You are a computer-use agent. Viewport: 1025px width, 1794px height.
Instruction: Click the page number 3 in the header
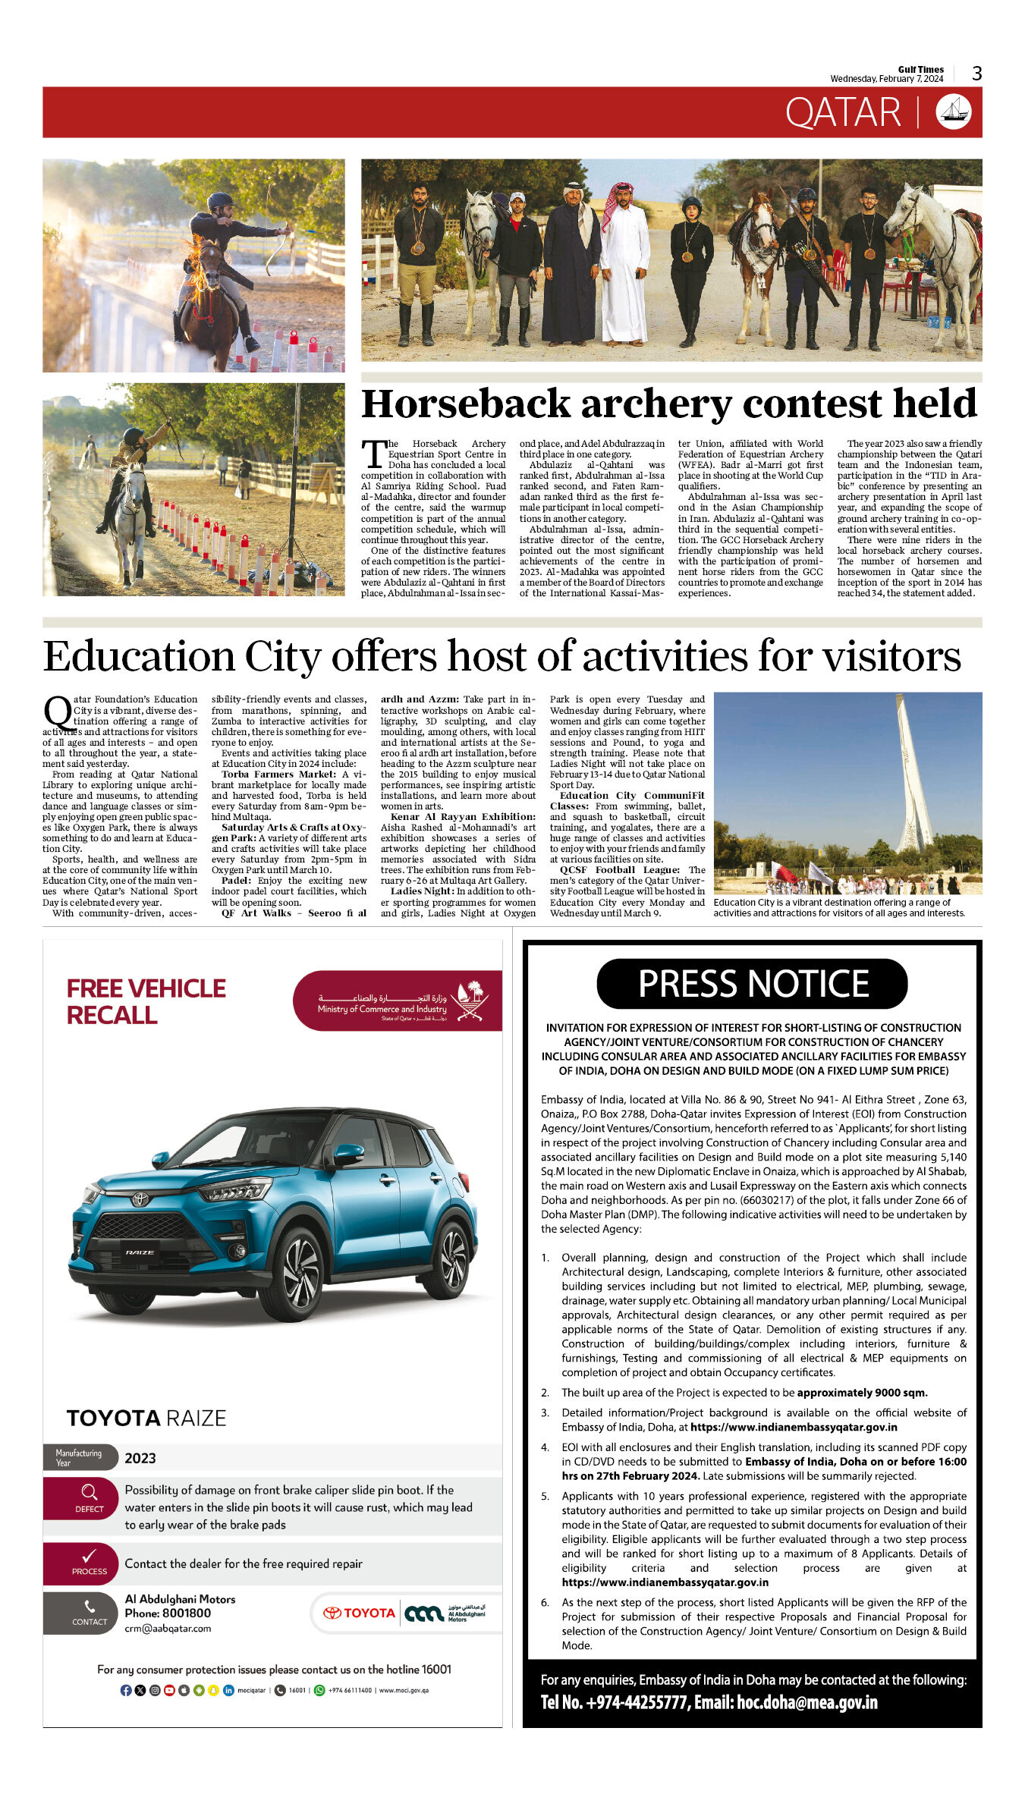tap(976, 74)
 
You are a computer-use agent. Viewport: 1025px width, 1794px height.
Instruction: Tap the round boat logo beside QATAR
tap(954, 112)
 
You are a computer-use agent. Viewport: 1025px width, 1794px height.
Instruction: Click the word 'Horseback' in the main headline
tap(465, 404)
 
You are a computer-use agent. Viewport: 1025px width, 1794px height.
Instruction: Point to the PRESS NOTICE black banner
tap(752, 984)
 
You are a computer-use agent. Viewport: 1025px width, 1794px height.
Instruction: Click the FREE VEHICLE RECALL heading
tap(146, 1001)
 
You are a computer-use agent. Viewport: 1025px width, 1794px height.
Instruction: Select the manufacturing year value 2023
tap(140, 1458)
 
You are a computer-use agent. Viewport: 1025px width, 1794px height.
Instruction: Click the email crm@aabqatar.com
tap(168, 1628)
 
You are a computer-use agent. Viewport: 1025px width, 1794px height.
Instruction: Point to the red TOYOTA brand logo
tap(360, 1613)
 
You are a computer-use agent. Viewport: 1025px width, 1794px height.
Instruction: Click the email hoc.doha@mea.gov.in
tap(807, 1702)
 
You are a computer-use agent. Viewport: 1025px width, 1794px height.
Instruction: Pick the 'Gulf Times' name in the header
tap(920, 69)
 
